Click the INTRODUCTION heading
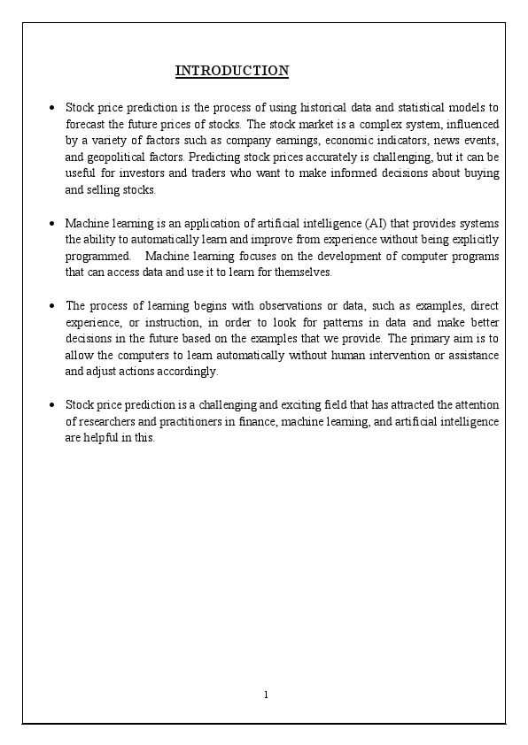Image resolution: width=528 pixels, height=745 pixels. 232,71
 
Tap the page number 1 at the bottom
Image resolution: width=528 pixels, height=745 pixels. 266,695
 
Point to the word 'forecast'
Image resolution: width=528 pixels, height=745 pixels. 86,124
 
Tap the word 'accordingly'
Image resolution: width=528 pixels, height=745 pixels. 186,372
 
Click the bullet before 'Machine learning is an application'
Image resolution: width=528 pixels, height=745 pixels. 54,223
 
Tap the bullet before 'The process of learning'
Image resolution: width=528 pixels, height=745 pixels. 54,305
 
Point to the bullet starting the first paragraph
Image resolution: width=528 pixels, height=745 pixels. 54,108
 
